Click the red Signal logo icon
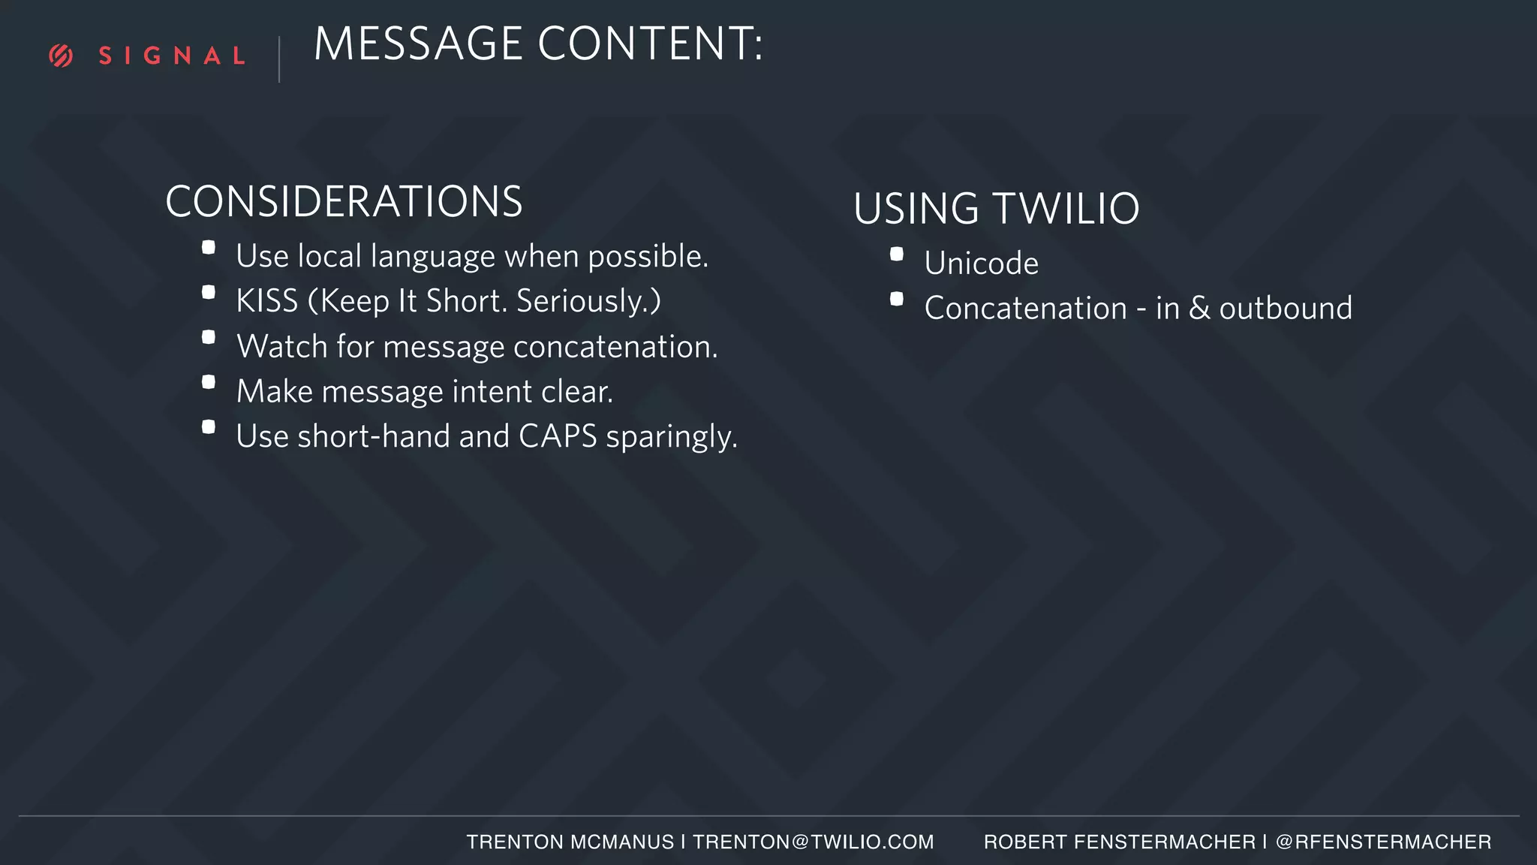click(x=61, y=56)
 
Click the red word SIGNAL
click(x=172, y=56)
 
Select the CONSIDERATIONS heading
click(x=344, y=202)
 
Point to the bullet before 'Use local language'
click(x=209, y=248)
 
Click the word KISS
click(x=266, y=301)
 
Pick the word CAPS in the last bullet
click(x=558, y=436)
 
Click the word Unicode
click(x=982, y=264)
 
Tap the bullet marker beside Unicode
click(x=897, y=255)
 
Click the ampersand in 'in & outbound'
click(x=1200, y=309)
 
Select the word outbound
click(x=1286, y=309)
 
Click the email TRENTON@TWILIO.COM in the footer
click(x=814, y=842)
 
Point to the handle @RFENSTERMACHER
click(x=1383, y=842)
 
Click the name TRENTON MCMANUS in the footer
click(x=570, y=842)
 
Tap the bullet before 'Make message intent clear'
click(x=209, y=382)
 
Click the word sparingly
click(x=672, y=437)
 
